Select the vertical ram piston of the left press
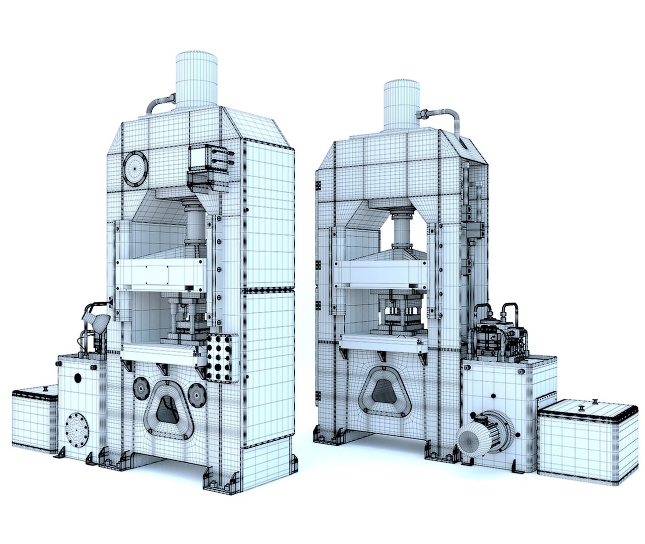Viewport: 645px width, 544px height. coord(195,224)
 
